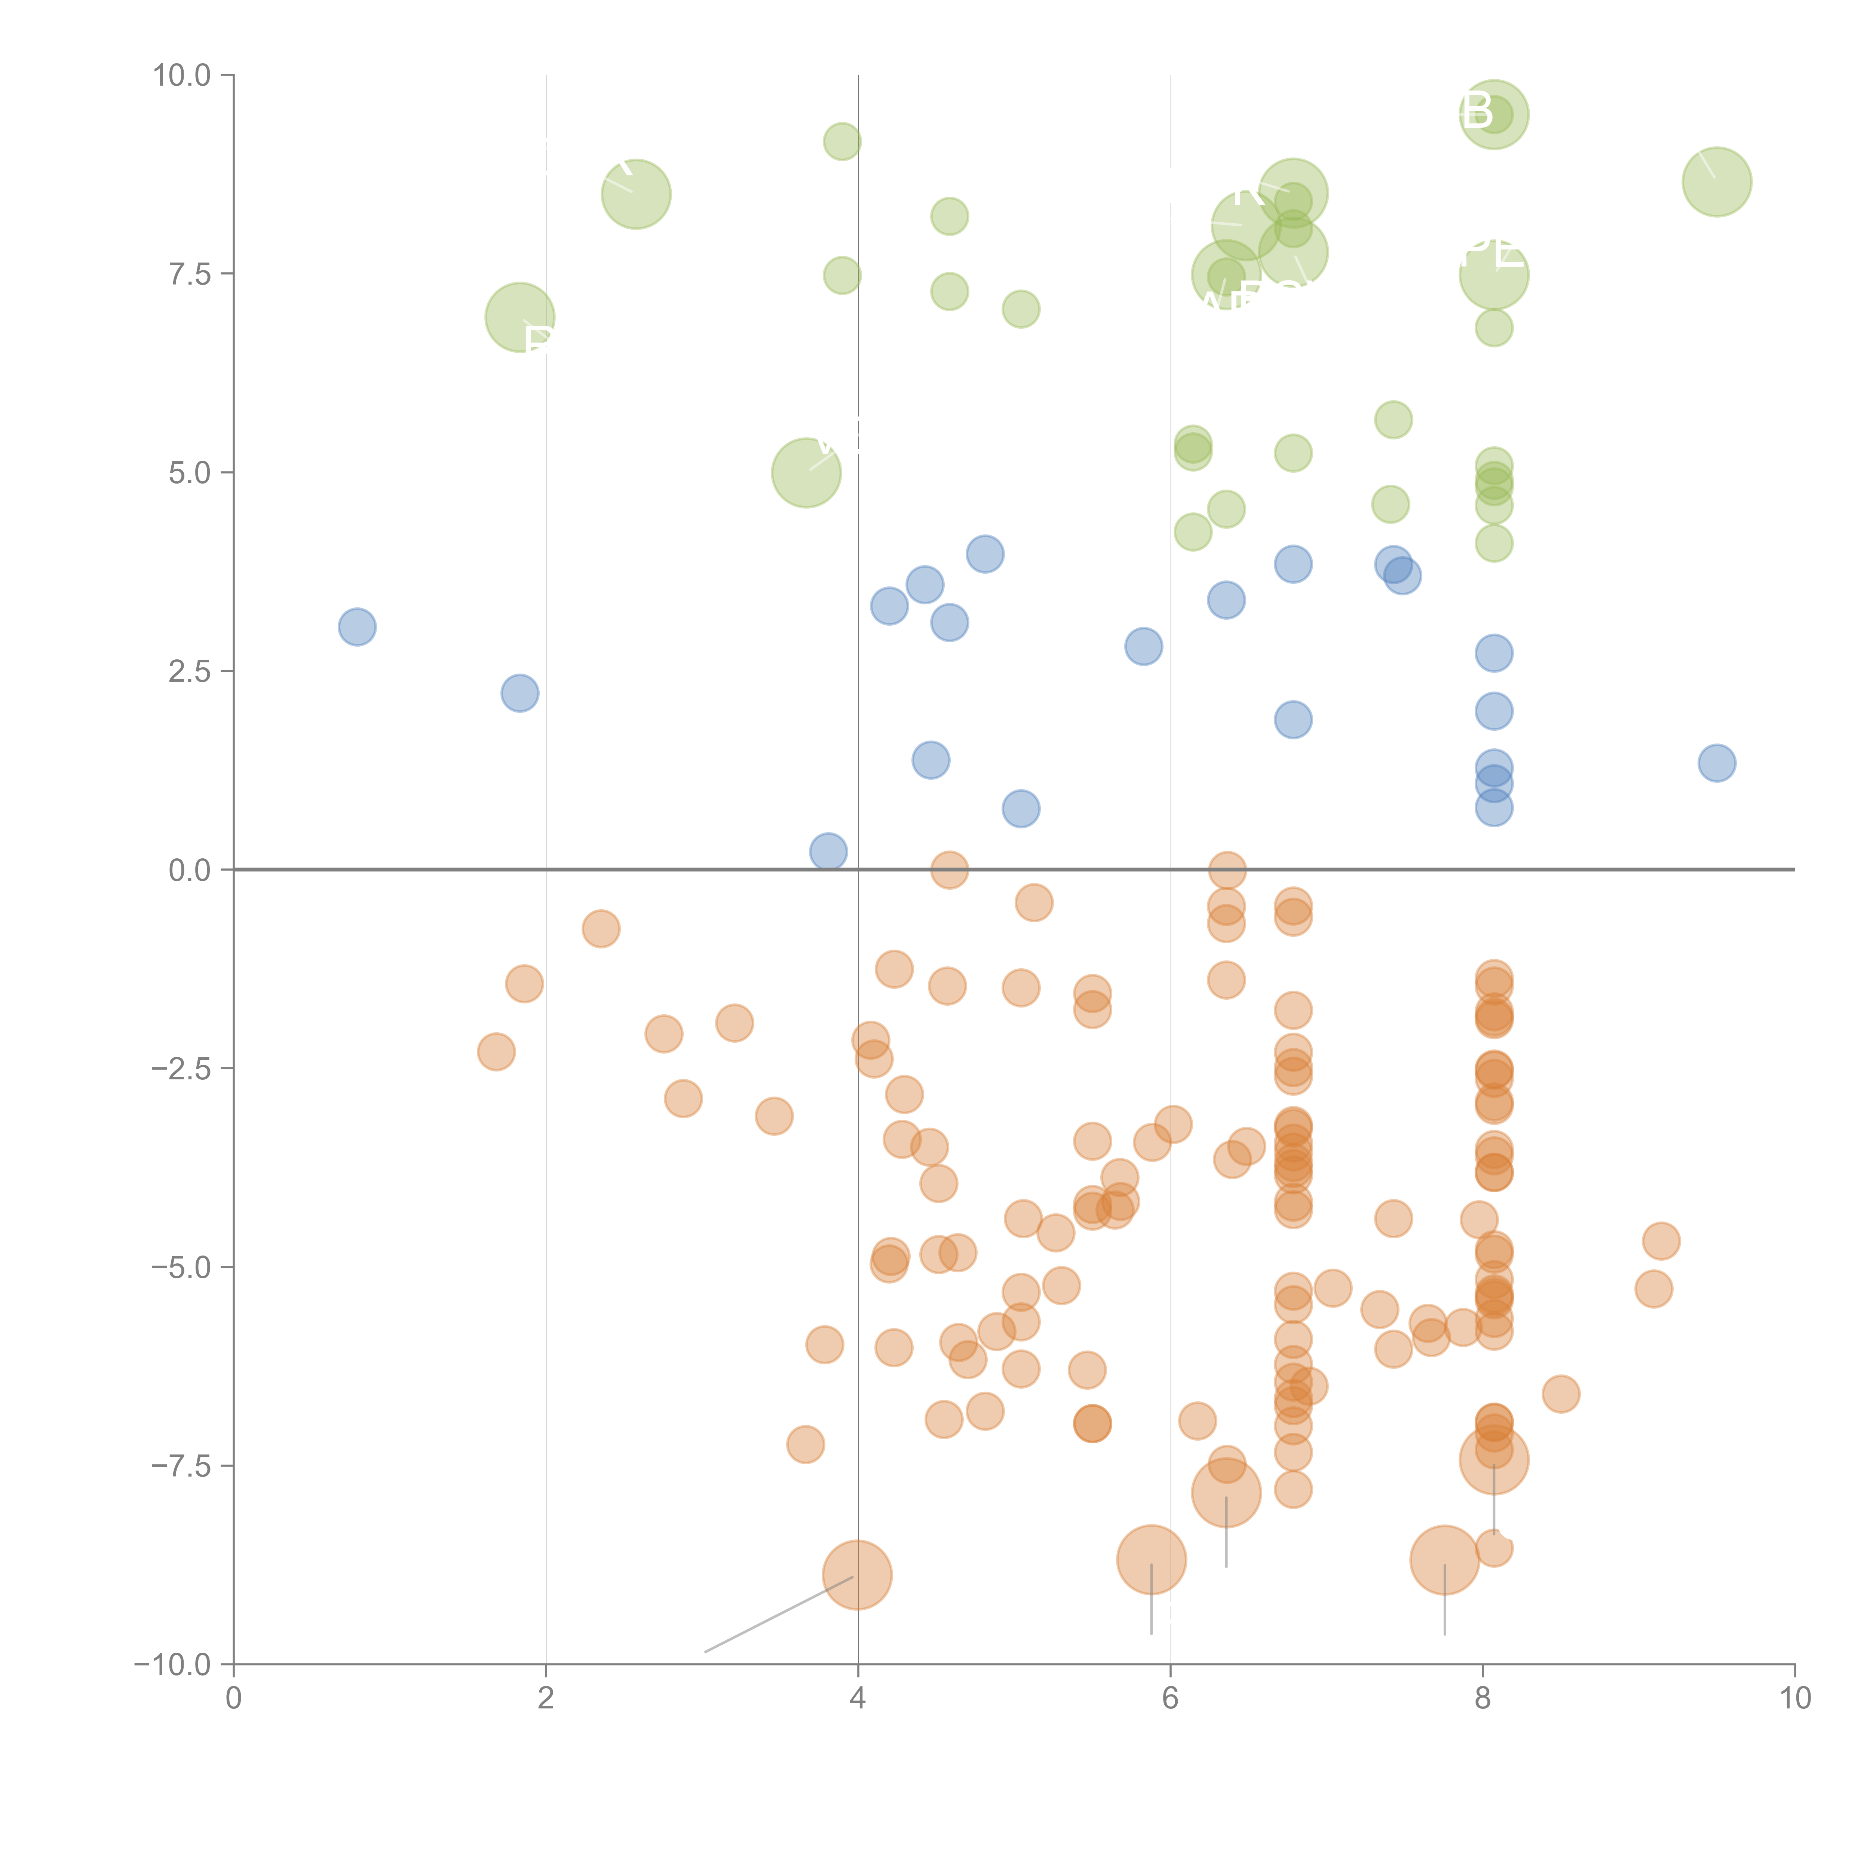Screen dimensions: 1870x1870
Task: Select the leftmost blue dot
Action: [x=357, y=627]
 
